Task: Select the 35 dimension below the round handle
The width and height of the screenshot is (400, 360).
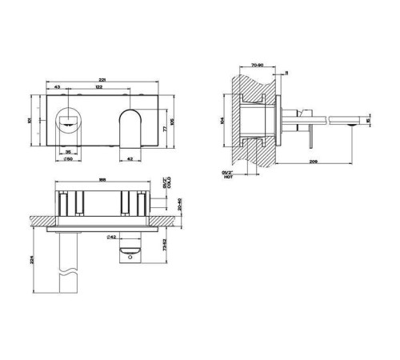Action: [69, 150]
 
